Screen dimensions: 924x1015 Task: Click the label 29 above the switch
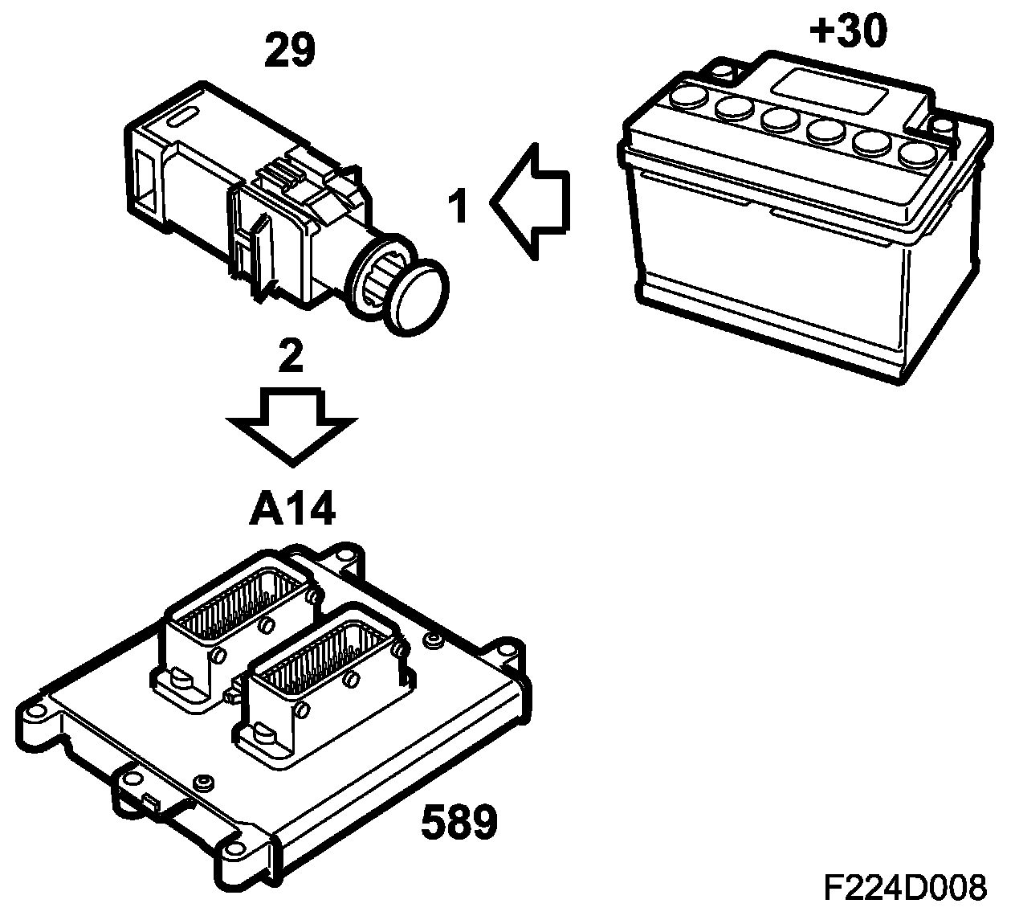[x=290, y=51]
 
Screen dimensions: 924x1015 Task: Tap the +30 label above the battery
[x=849, y=31]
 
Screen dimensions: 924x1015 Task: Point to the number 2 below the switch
[x=290, y=358]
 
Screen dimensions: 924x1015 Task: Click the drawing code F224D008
[x=904, y=889]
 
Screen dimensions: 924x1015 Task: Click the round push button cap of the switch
[x=418, y=296]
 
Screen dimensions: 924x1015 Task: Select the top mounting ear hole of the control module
[x=348, y=554]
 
